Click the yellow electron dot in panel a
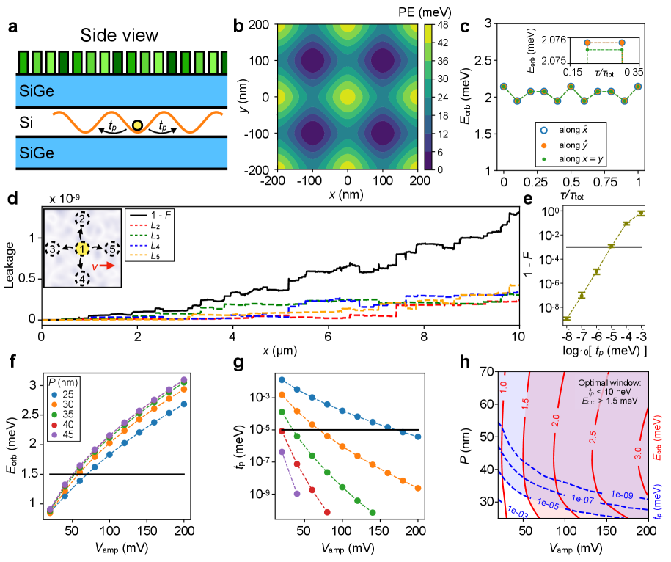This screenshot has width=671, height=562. [136, 126]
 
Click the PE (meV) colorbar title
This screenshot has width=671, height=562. [444, 10]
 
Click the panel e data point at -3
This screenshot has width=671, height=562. [642, 213]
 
